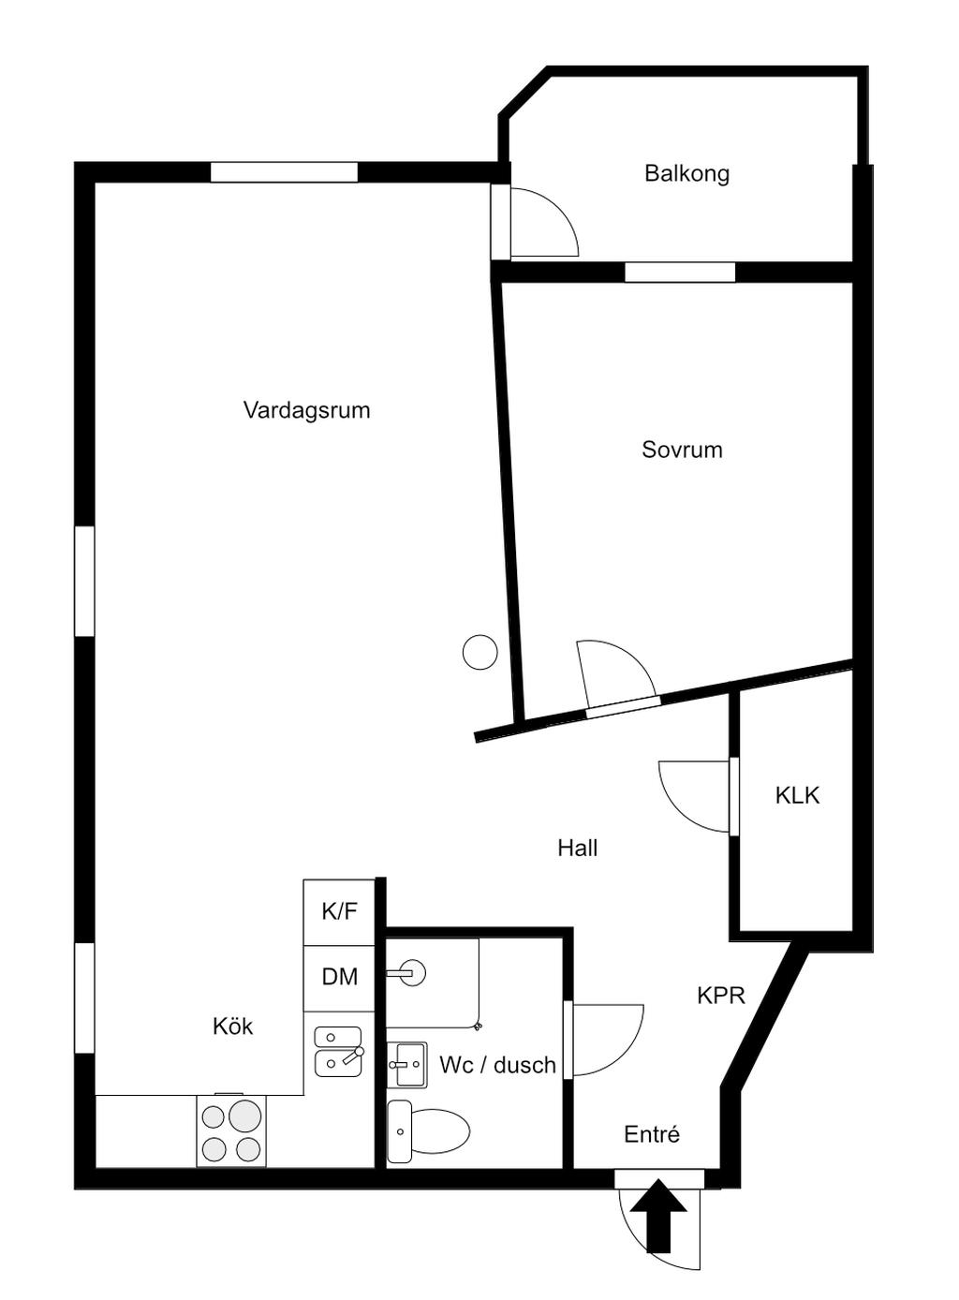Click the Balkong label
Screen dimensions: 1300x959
[686, 173]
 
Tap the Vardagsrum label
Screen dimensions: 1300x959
[306, 410]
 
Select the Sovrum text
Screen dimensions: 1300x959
[682, 450]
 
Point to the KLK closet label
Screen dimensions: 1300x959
[797, 795]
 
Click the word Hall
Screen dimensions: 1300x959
[577, 848]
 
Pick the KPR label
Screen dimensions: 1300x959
[720, 995]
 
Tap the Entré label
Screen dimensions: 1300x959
[652, 1134]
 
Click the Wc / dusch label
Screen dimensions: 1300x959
[497, 1065]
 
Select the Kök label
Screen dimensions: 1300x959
[232, 1026]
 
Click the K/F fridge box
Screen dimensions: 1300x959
[339, 911]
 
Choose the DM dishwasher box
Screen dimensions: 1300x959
[339, 977]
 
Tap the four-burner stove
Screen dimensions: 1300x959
[231, 1130]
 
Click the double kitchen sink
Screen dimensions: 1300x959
[338, 1051]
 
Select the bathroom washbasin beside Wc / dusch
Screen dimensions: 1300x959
[407, 1064]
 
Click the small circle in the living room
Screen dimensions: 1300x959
[480, 652]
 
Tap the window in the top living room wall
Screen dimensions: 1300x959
[284, 172]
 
